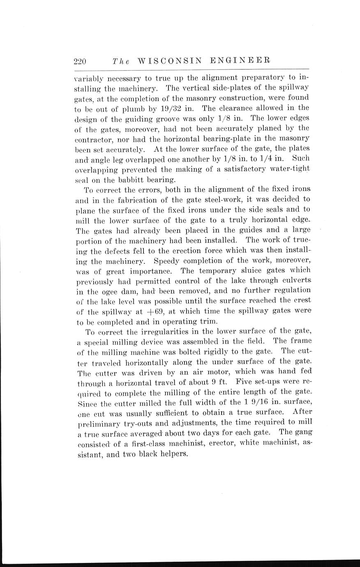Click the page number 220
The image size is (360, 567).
(x=79, y=62)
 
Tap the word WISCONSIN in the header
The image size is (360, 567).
(x=169, y=61)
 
